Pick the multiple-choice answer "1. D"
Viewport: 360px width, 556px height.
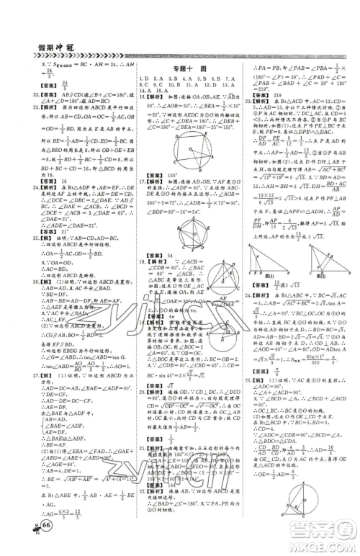(143, 77)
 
